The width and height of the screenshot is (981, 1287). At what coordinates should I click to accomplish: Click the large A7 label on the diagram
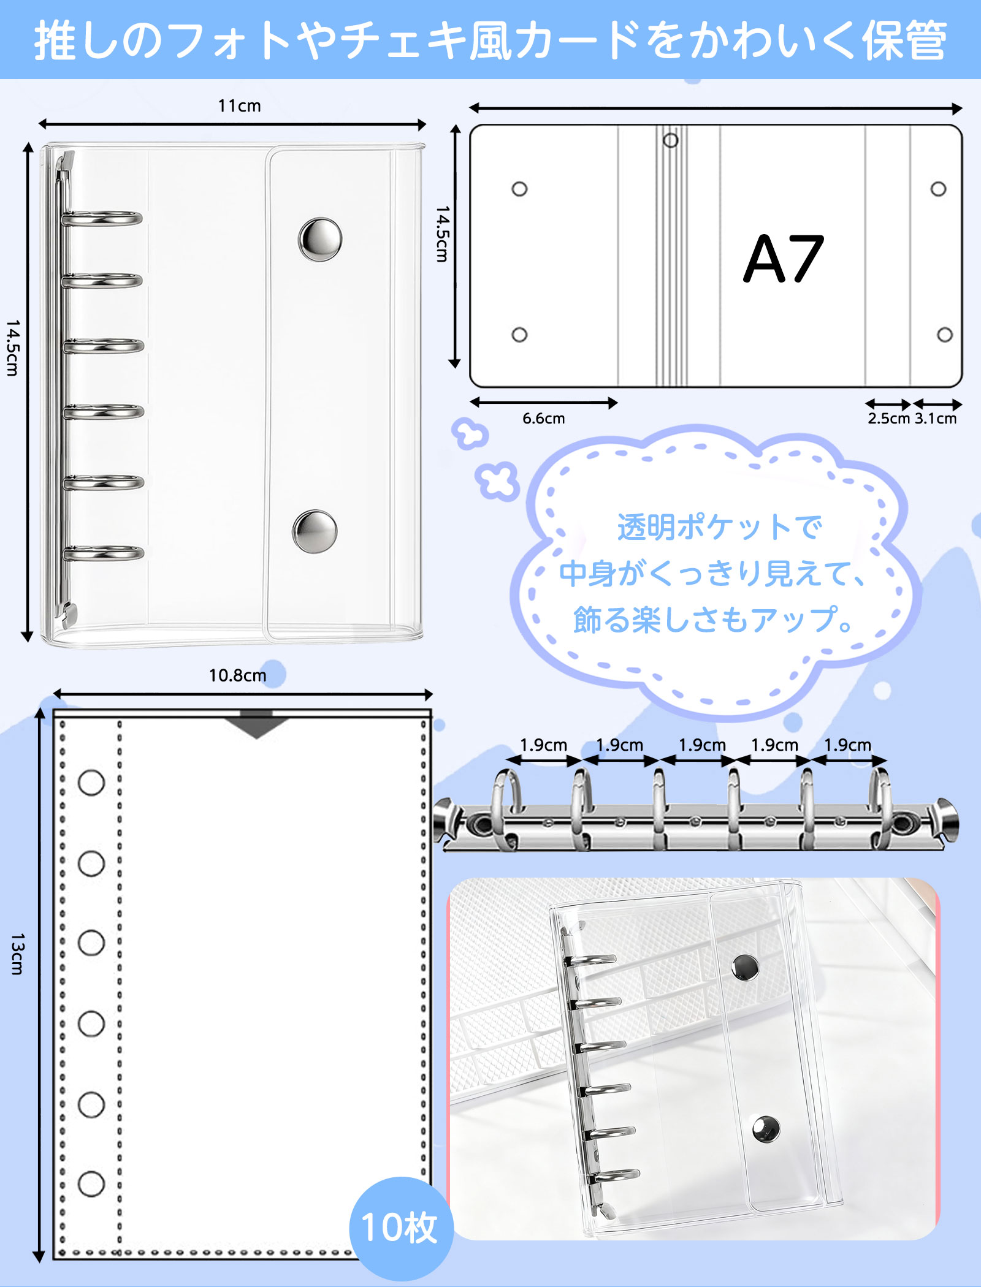(784, 259)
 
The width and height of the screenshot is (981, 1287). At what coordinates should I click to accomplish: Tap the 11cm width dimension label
(239, 106)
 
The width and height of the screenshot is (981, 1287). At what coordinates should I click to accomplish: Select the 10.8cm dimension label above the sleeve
(237, 675)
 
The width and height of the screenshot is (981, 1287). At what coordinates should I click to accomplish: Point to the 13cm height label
(17, 954)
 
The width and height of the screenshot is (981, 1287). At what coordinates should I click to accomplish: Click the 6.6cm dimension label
(543, 419)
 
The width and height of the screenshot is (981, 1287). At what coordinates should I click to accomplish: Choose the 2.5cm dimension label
(888, 419)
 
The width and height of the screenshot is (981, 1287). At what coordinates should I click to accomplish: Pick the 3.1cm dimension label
(936, 419)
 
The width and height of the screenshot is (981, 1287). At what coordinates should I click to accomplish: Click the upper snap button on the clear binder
(320, 239)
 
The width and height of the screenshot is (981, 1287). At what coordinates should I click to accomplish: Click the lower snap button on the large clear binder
(315, 531)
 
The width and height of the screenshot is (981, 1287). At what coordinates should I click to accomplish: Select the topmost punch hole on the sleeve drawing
(91, 783)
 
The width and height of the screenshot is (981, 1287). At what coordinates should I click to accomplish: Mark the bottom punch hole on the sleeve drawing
(91, 1183)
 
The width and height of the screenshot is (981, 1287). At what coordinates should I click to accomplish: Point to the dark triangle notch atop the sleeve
(256, 724)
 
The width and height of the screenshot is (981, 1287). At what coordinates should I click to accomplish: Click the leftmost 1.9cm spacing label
(543, 745)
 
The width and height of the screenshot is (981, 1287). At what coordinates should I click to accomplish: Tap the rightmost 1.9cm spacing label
(847, 745)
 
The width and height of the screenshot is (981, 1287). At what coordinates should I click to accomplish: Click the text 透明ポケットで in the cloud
(719, 527)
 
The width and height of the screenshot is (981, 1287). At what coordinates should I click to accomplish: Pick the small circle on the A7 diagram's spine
(671, 140)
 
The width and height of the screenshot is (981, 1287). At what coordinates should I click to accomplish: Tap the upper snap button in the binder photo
(745, 967)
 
